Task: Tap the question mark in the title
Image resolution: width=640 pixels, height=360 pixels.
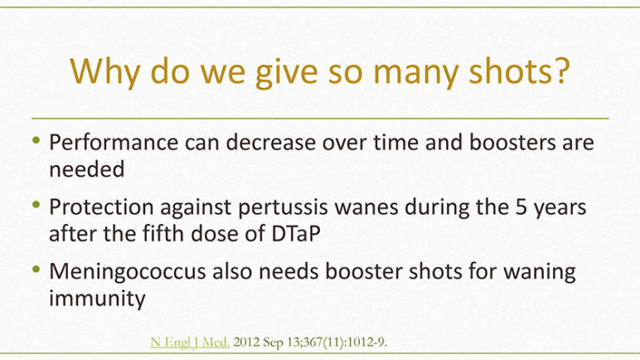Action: click(x=562, y=70)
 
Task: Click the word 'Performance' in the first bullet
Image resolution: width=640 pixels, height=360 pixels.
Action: click(x=114, y=143)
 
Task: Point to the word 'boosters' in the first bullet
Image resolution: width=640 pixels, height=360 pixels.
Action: click(x=512, y=142)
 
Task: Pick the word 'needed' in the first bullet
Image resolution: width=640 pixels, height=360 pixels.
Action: click(x=86, y=169)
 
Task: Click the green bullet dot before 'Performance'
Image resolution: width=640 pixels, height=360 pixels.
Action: click(x=36, y=140)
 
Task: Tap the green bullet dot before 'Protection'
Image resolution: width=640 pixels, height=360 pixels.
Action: click(x=36, y=204)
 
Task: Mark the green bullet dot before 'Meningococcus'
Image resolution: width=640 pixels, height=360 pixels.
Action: click(x=36, y=269)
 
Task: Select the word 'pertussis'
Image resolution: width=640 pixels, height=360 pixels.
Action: click(x=283, y=207)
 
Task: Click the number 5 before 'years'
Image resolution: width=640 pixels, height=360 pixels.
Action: click(x=521, y=207)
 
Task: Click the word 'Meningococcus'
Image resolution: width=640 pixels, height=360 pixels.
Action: click(x=128, y=272)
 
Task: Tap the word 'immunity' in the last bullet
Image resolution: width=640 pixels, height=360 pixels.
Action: click(x=97, y=299)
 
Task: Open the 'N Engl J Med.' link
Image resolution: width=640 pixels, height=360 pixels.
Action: click(x=190, y=342)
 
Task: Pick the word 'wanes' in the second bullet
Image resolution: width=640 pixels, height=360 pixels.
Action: click(x=366, y=207)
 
